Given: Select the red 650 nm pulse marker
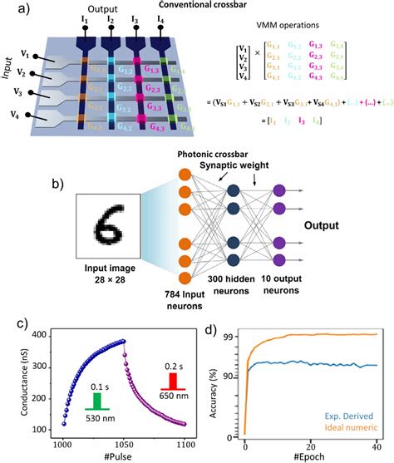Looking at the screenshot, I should (x=171, y=380).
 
